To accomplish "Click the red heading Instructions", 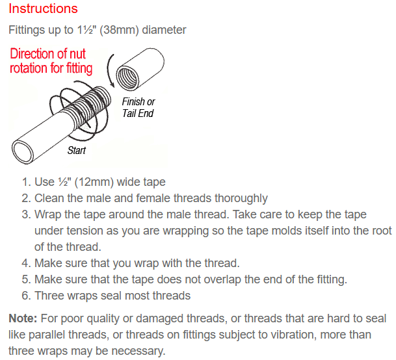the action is [x=43, y=8].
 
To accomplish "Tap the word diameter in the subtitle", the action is [x=164, y=30].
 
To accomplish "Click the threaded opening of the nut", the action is [x=127, y=77].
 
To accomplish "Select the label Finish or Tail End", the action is [x=138, y=108].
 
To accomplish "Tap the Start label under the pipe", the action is [x=77, y=151].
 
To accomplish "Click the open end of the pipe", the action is [x=23, y=152].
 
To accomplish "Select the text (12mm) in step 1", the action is [x=95, y=182].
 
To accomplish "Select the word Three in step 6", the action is [x=48, y=296].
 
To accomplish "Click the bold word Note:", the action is [x=23, y=318].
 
